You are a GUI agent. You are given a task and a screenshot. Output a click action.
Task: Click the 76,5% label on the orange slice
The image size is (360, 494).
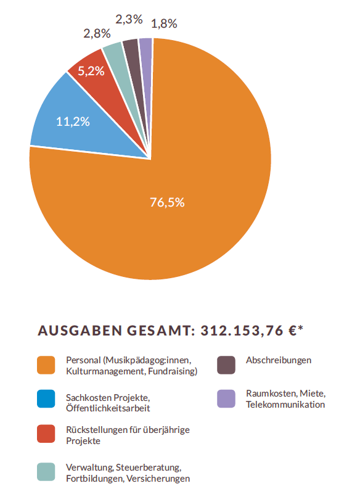[x=167, y=202]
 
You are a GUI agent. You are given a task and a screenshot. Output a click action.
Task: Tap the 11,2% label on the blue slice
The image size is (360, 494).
[x=73, y=121]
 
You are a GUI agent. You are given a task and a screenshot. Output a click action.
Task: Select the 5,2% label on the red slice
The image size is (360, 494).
[x=91, y=71]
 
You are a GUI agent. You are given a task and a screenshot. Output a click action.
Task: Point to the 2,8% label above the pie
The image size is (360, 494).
[x=97, y=33]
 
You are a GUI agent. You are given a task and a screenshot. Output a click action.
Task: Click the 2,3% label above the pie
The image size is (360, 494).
[x=129, y=20]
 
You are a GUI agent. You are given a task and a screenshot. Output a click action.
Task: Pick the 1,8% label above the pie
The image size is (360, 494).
[x=164, y=23]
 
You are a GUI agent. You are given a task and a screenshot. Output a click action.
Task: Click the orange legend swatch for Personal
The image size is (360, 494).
[x=46, y=365]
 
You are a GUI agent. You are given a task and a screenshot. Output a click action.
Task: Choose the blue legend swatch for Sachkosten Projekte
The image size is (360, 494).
[x=46, y=399]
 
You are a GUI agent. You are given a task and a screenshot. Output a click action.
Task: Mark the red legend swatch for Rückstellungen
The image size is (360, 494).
[x=46, y=434]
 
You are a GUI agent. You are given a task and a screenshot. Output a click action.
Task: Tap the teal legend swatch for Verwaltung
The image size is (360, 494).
[x=46, y=472]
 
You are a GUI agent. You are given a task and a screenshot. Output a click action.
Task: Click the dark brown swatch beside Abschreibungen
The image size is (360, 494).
[x=226, y=365]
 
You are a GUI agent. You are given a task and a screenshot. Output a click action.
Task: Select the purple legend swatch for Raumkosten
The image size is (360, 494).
[x=226, y=399]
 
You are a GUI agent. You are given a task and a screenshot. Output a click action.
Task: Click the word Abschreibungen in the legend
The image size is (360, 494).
[x=279, y=360]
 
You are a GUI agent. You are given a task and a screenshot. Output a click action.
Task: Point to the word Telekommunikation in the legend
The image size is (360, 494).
[x=285, y=405]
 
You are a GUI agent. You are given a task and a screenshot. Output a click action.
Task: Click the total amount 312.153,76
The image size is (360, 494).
[x=242, y=331]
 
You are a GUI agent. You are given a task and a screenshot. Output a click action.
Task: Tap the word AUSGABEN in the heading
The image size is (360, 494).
[x=80, y=331]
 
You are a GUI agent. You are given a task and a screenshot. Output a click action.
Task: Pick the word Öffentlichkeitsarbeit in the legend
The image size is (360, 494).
[x=108, y=408]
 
